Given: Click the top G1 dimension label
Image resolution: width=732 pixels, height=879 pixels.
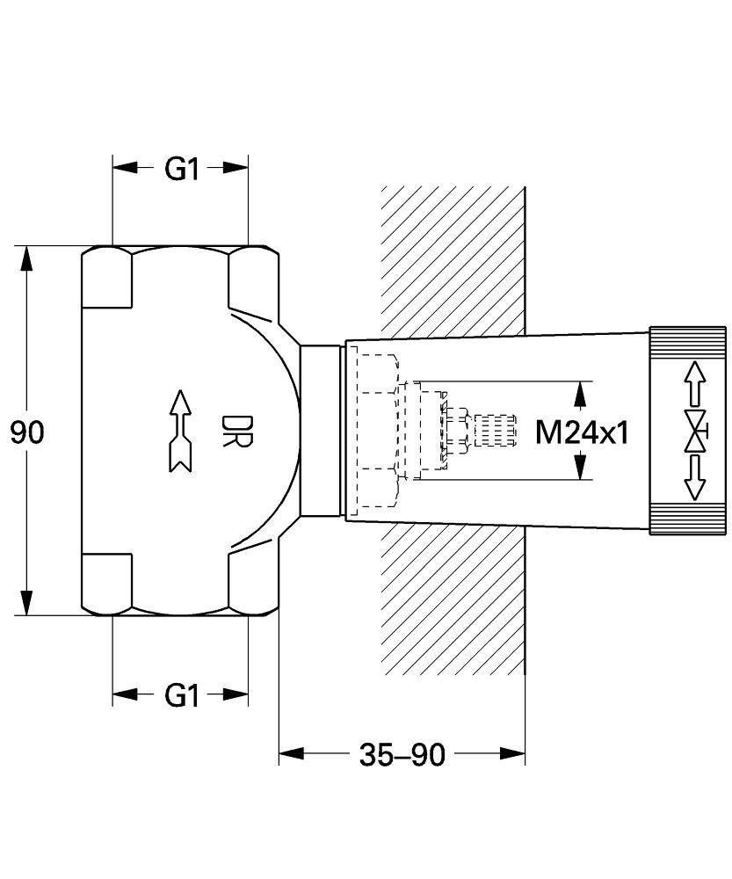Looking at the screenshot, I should pos(182,168).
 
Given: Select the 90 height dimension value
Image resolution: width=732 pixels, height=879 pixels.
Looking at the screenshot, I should pos(28,432).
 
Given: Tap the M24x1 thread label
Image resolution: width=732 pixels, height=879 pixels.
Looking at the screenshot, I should pos(583,432).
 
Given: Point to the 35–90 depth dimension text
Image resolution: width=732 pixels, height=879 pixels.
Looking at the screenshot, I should pos(402,754).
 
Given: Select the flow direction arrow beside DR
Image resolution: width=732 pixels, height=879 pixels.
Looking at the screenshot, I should pos(179,431).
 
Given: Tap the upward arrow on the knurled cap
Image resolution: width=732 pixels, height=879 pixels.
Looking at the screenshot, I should pos(695,381).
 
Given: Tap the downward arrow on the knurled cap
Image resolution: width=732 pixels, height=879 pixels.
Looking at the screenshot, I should pos(695,479).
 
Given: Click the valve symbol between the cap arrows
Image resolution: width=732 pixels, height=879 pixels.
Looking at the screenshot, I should pos(696,430).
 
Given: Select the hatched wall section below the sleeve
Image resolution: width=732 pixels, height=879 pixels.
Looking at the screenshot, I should pos(453,607).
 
